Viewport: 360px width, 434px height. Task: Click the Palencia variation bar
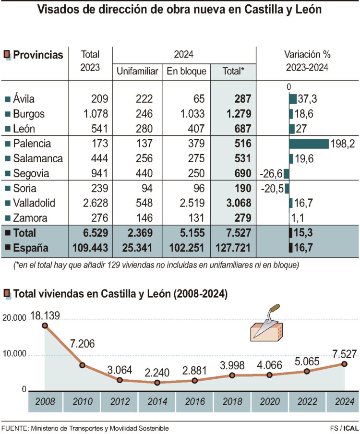click(x=309, y=144)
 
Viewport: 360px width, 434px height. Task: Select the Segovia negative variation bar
click(x=286, y=174)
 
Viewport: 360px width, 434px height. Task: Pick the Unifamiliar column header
click(x=137, y=72)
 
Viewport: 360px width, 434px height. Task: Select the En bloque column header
click(x=186, y=72)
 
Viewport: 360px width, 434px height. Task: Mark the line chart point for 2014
click(x=157, y=383)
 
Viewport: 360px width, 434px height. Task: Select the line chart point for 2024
click(x=345, y=363)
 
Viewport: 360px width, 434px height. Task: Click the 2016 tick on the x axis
click(x=194, y=402)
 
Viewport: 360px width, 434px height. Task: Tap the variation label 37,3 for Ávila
click(x=307, y=99)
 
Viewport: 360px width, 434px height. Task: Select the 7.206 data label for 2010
click(x=83, y=344)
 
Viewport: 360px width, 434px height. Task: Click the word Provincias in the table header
click(x=38, y=55)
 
